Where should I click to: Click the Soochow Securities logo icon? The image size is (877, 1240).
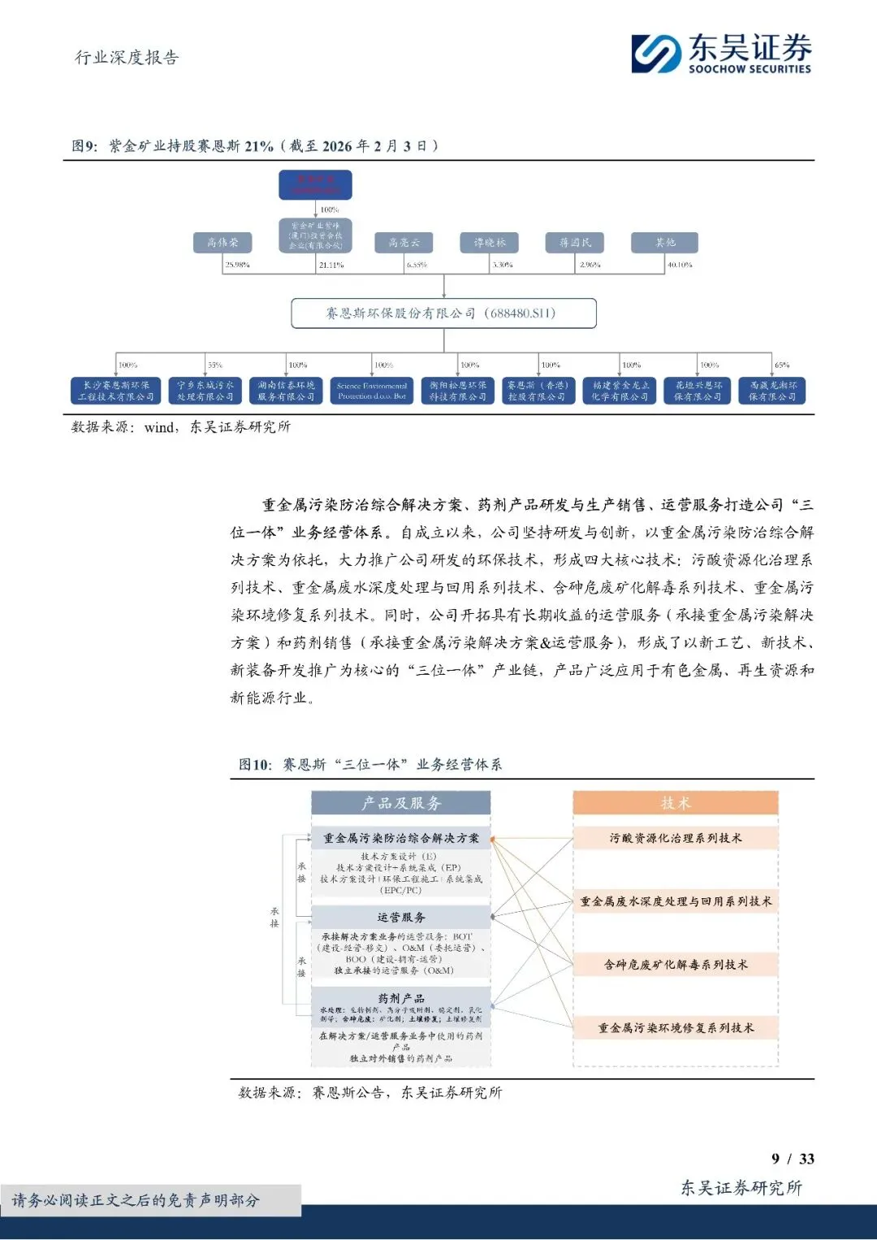(656, 54)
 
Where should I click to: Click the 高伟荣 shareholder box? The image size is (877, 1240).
(222, 242)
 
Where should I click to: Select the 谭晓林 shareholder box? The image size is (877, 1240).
(490, 242)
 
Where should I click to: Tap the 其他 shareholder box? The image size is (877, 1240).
(665, 242)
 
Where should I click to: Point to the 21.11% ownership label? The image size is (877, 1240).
(331, 265)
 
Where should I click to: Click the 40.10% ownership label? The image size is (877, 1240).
(680, 265)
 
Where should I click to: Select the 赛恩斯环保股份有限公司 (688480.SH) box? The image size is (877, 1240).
(443, 313)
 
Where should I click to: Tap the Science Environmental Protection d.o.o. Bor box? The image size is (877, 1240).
(372, 391)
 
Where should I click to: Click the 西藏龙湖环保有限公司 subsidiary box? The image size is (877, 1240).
(772, 391)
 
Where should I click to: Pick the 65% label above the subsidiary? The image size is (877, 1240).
(782, 365)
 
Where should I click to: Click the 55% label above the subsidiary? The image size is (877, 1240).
(214, 365)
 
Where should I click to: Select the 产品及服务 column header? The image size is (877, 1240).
(401, 803)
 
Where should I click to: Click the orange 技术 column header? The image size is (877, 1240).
(676, 803)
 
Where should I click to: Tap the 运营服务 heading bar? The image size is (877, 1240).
(401, 918)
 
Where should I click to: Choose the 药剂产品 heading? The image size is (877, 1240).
(401, 998)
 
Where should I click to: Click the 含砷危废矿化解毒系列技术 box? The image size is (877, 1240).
(676, 965)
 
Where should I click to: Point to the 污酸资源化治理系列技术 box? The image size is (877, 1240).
(676, 838)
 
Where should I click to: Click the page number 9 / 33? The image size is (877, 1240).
(793, 1159)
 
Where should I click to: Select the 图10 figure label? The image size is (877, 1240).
(255, 765)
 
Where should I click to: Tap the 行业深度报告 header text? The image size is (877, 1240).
(127, 58)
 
